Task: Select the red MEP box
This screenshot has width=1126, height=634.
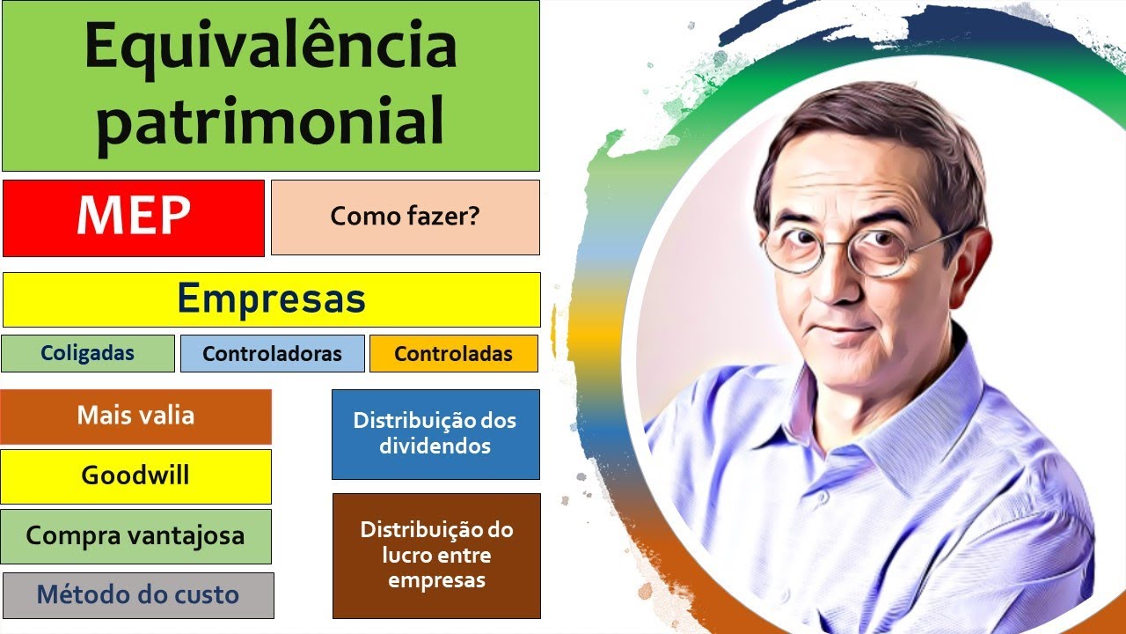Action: point(134,217)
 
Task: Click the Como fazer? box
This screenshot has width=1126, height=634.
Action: point(405,217)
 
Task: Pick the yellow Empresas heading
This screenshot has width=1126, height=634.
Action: point(271,299)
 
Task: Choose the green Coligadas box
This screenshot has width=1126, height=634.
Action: point(87,353)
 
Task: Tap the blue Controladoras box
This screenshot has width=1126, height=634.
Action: point(272,354)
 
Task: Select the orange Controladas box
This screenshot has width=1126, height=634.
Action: point(453,354)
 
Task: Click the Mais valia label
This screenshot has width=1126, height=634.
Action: point(135,416)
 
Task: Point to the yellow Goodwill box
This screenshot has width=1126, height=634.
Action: point(135,475)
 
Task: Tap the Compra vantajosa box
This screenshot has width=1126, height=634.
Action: point(135,535)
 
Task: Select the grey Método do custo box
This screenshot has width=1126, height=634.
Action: point(137,595)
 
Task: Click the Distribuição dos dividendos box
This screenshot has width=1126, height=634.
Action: point(435,433)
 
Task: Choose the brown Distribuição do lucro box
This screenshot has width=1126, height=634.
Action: point(436,556)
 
